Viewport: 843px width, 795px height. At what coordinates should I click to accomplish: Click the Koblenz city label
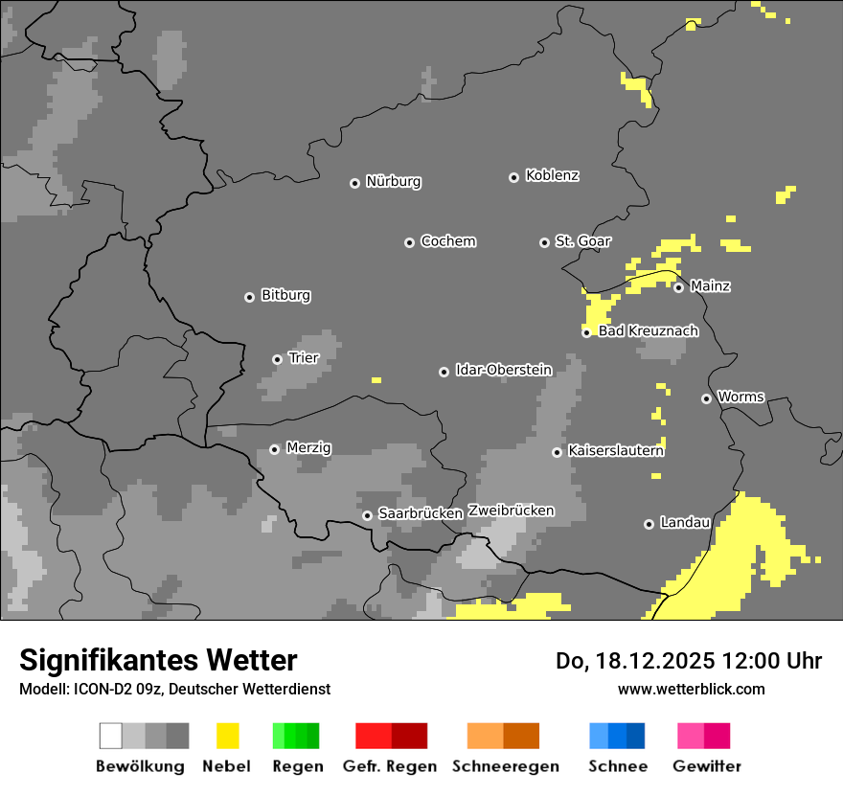click(x=552, y=175)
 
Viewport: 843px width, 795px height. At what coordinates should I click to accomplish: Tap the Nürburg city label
click(x=393, y=181)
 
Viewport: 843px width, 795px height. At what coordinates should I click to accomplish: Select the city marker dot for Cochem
click(x=409, y=242)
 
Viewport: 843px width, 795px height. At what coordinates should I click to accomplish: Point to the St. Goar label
click(x=582, y=241)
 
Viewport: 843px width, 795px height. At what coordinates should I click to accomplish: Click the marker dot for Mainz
click(x=678, y=287)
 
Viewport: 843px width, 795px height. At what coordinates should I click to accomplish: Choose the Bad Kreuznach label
click(x=648, y=331)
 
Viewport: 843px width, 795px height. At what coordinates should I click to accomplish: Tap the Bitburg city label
click(x=285, y=296)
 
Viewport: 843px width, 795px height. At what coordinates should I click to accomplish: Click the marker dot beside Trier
click(x=277, y=359)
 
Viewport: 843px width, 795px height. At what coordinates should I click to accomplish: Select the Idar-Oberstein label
click(x=503, y=370)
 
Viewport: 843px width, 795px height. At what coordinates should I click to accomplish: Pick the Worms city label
click(x=740, y=397)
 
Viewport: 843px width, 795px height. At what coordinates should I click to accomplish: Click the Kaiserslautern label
click(x=615, y=450)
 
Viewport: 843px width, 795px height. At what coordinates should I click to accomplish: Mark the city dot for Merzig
click(x=274, y=449)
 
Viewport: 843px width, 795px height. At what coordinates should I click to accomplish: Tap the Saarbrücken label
click(x=421, y=513)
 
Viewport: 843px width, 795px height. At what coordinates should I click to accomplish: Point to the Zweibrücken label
click(x=511, y=511)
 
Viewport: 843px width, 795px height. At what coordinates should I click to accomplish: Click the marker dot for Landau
click(x=649, y=524)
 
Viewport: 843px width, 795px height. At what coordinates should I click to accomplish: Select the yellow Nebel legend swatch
click(x=227, y=736)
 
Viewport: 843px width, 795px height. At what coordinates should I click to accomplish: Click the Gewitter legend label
click(x=706, y=766)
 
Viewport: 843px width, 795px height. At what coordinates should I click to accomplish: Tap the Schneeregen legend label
click(x=505, y=766)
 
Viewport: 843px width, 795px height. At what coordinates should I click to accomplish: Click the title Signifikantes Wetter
click(x=158, y=660)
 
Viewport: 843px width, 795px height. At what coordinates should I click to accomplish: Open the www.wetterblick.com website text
click(x=691, y=689)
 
